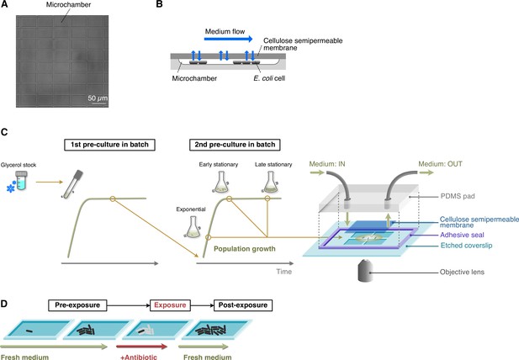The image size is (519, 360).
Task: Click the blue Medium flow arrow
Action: [228, 39]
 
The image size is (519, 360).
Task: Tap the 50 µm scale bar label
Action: [98, 98]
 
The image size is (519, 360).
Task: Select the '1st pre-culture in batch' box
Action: [109, 145]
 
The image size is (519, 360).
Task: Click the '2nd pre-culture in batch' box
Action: [235, 145]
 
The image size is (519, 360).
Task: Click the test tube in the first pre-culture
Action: [71, 184]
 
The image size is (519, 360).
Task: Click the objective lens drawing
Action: [365, 271]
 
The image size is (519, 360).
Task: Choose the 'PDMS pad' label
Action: [458, 196]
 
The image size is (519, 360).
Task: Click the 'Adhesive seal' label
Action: [462, 235]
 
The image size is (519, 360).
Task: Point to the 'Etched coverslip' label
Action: [466, 246]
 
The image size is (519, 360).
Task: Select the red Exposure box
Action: [170, 305]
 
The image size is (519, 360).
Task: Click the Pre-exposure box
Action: [77, 305]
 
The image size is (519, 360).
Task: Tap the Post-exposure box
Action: [243, 305]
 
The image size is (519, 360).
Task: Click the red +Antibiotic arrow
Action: [142, 347]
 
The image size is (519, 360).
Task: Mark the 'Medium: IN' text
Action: [327, 164]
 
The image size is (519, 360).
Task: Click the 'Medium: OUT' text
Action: [440, 164]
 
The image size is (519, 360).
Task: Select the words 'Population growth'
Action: [245, 249]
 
